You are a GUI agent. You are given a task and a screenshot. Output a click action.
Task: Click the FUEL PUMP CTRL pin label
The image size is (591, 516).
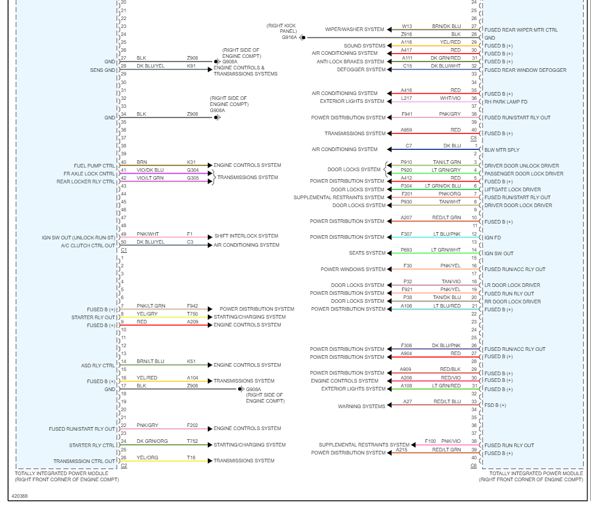click(x=94, y=166)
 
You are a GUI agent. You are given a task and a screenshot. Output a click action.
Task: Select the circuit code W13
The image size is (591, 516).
click(x=406, y=26)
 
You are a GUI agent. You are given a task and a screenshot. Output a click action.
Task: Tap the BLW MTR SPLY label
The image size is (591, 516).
click(x=501, y=150)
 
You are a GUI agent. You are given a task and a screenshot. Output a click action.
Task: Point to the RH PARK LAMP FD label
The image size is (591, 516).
click(x=506, y=102)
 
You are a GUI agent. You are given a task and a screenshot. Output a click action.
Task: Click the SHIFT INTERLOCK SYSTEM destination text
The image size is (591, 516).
click(x=246, y=236)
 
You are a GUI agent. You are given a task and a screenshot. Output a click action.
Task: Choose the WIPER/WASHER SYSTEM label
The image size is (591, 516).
click(x=355, y=29)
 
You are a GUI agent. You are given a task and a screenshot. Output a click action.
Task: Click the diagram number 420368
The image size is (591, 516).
click(x=19, y=496)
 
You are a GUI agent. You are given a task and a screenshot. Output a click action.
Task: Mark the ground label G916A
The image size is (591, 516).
click(x=289, y=37)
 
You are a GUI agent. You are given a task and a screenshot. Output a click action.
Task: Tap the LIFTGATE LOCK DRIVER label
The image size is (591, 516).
click(x=512, y=189)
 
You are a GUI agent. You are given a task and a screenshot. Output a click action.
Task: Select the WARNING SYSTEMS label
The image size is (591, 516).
click(x=362, y=406)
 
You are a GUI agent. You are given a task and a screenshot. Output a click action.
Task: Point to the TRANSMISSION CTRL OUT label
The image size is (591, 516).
click(x=84, y=461)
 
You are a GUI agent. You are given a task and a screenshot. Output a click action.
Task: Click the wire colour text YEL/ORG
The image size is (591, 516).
click(x=147, y=457)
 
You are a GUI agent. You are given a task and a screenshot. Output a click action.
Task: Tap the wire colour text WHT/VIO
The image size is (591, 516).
click(x=450, y=98)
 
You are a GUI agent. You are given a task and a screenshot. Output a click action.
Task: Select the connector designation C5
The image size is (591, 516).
click(x=473, y=138)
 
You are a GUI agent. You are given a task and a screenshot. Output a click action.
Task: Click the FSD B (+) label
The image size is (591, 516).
click(x=495, y=405)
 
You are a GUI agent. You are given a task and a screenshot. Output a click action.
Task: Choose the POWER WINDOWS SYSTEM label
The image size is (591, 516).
click(x=353, y=269)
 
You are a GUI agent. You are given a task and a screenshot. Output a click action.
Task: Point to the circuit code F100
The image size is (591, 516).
click(x=430, y=441)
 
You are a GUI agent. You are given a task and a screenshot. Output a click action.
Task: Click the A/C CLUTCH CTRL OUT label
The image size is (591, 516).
click(x=88, y=246)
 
